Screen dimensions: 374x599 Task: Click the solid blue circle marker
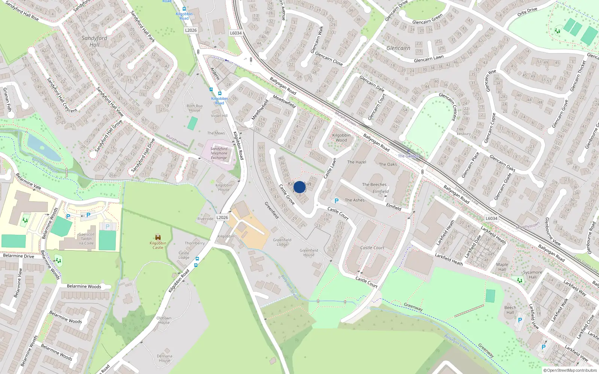point(299,187)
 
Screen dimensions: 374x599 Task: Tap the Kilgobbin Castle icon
point(158,237)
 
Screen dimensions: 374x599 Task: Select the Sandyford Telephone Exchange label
point(219,153)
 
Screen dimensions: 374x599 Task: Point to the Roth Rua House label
point(195,108)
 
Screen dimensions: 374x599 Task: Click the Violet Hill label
point(219,116)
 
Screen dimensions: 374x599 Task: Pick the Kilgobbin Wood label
point(341,138)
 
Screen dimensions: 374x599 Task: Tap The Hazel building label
point(356,162)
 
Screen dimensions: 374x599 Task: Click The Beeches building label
point(374,184)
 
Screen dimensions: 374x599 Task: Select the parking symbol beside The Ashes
point(337,201)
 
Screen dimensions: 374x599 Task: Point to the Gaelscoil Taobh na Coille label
point(86,239)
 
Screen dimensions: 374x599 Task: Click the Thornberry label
point(195,243)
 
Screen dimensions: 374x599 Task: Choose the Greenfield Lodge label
point(282,242)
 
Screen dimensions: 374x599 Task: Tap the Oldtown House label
point(164,320)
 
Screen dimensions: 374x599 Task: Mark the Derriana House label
point(165,358)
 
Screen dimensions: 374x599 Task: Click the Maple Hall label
point(502,267)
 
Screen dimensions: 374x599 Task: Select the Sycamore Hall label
point(532,275)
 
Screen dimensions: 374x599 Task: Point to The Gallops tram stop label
point(408,156)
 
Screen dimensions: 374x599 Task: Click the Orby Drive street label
point(527,11)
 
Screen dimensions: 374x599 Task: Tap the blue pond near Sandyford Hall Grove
point(43,147)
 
